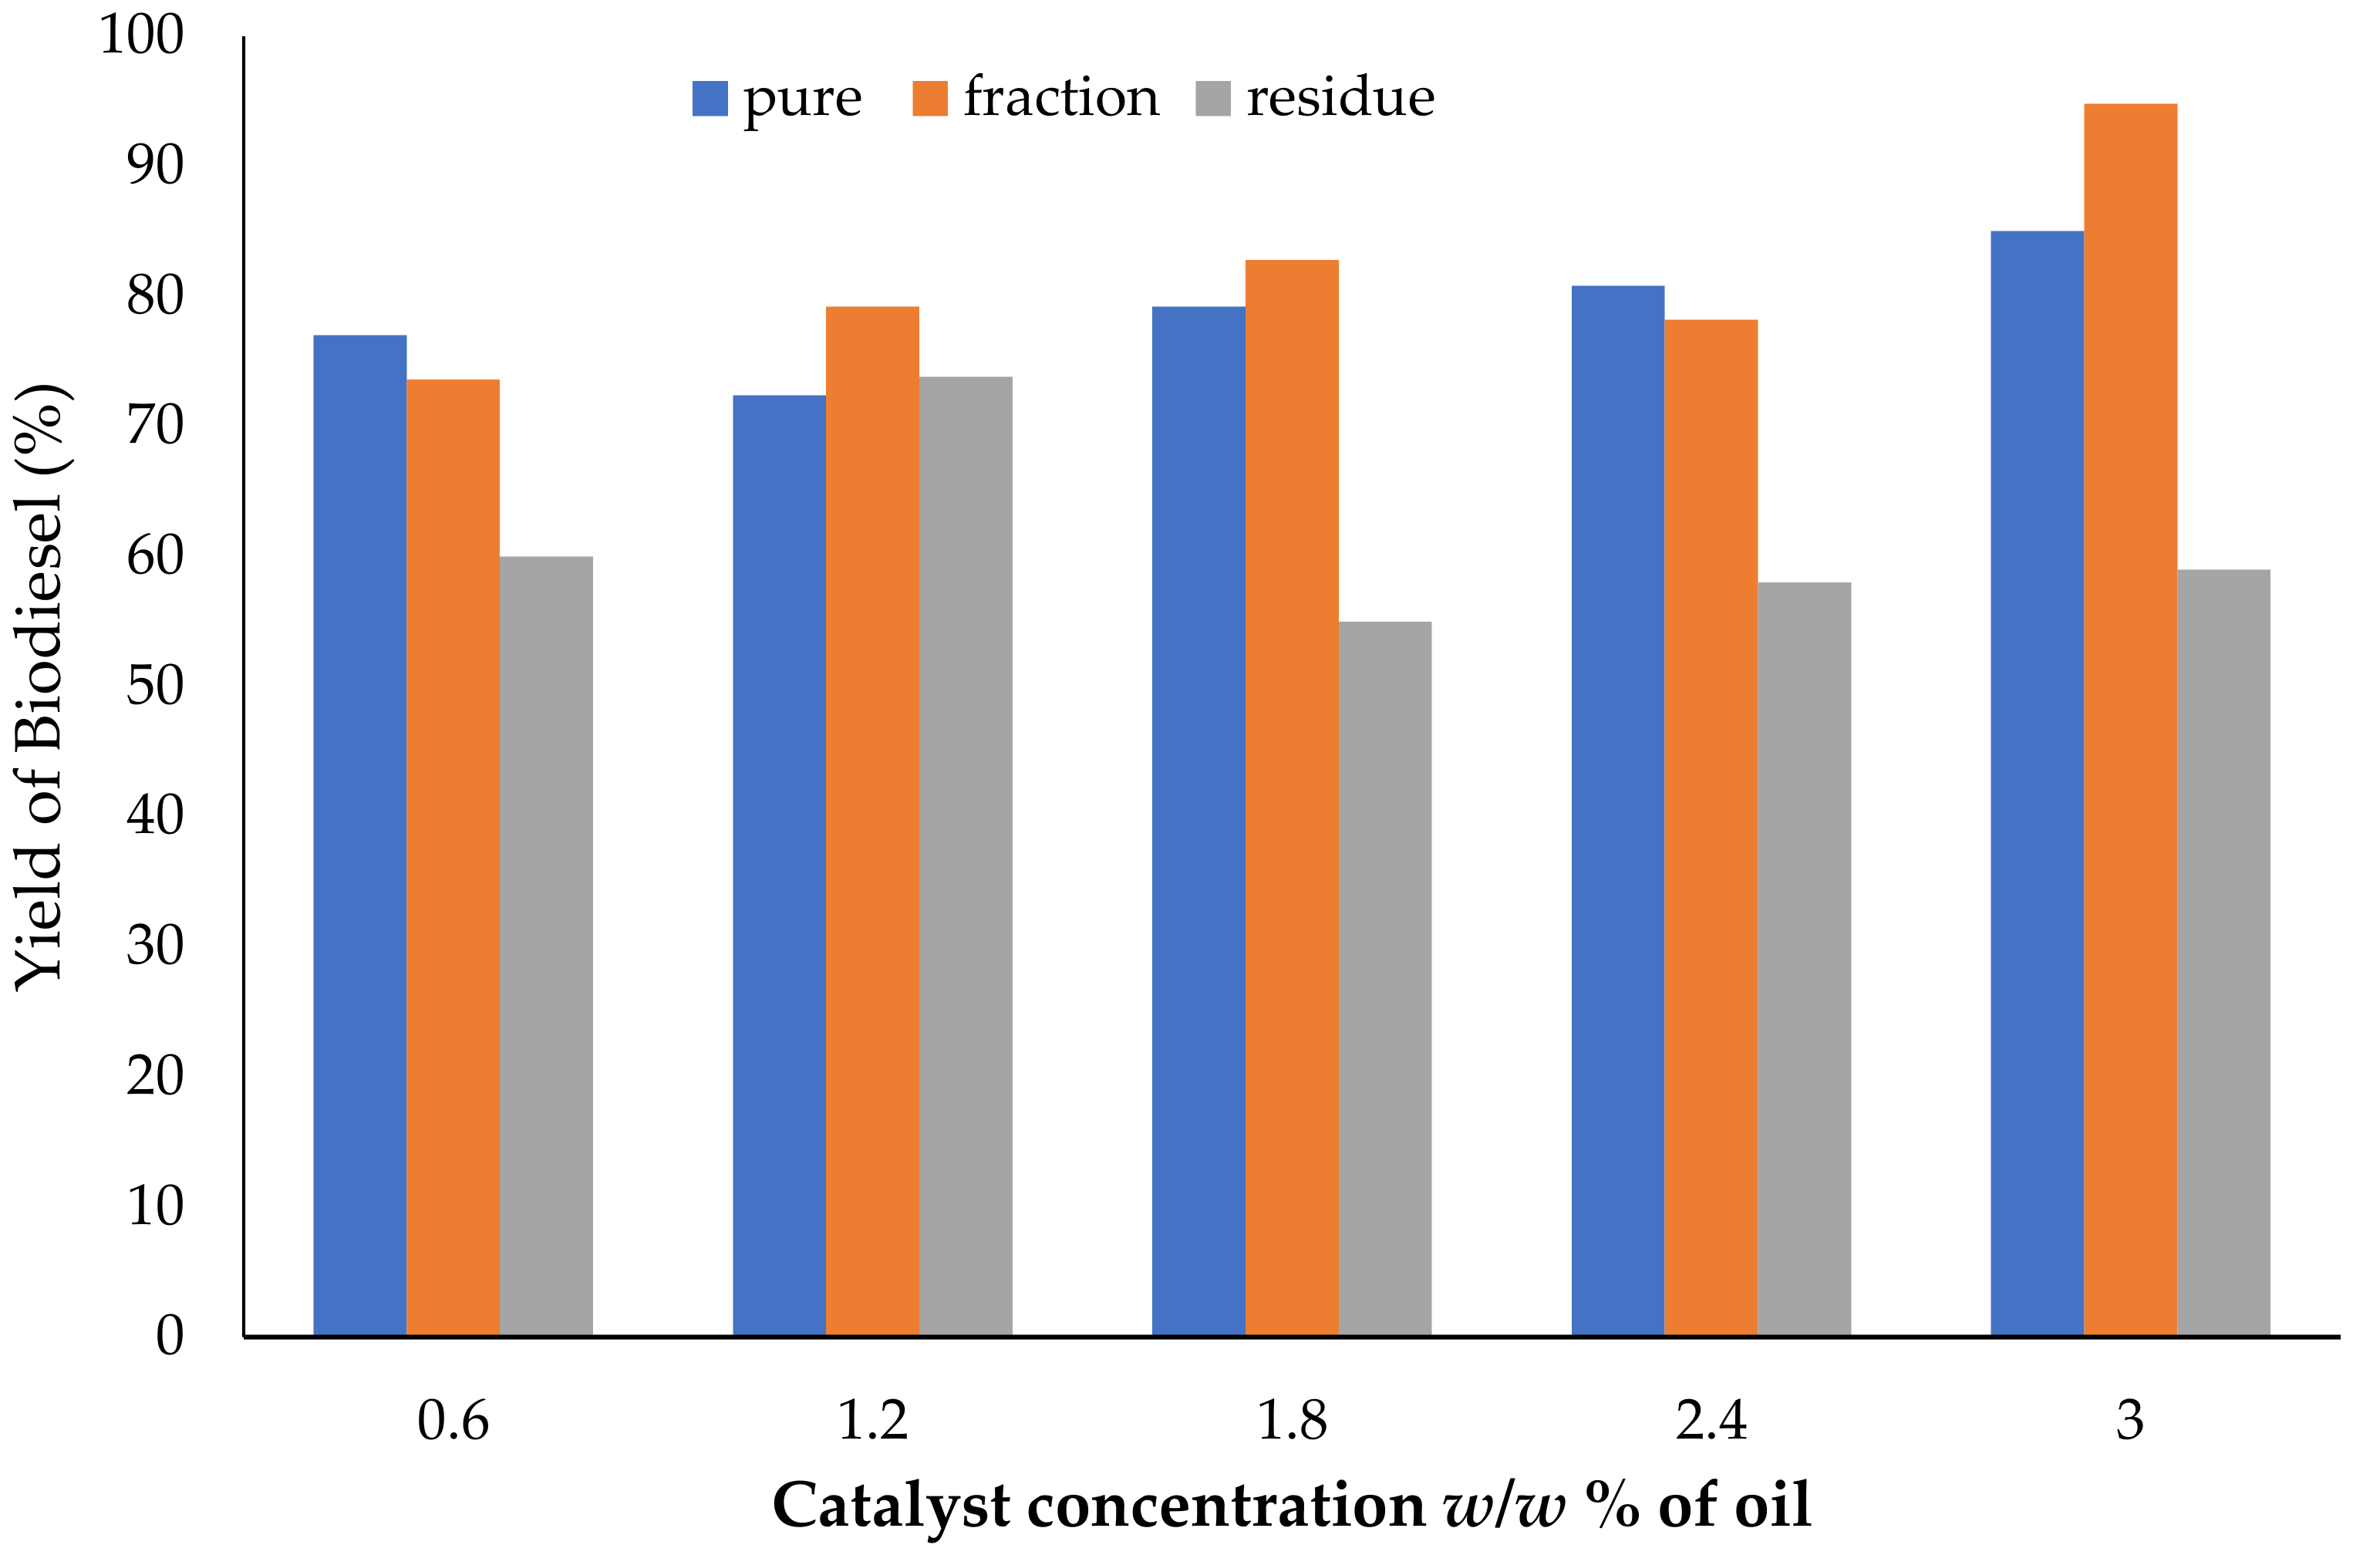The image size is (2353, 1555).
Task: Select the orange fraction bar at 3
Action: point(2130,719)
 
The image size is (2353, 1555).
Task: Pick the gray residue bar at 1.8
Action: point(1384,978)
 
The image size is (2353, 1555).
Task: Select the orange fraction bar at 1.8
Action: point(1291,798)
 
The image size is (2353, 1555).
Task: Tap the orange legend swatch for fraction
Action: point(929,98)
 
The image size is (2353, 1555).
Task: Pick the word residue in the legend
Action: point(1340,97)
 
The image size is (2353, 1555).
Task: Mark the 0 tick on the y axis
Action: point(170,1335)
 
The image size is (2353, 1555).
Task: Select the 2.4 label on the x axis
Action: point(1711,1420)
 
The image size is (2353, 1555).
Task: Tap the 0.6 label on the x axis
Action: point(453,1420)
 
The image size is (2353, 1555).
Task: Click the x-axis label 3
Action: point(2130,1420)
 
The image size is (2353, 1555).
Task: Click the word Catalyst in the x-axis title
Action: point(892,1506)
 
